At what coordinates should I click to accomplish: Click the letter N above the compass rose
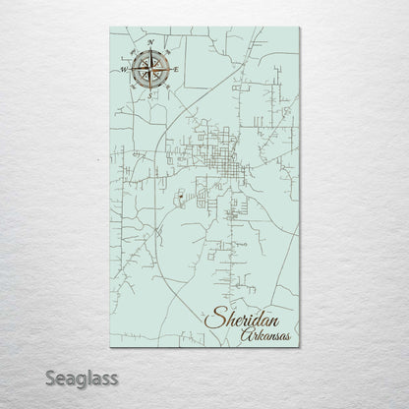point(150,43)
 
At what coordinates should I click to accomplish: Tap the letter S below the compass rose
point(148,96)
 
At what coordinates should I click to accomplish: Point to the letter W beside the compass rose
point(124,71)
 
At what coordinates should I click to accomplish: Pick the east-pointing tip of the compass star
point(169,70)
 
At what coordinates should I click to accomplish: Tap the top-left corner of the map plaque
point(111,29)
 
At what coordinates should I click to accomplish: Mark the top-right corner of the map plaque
point(299,29)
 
